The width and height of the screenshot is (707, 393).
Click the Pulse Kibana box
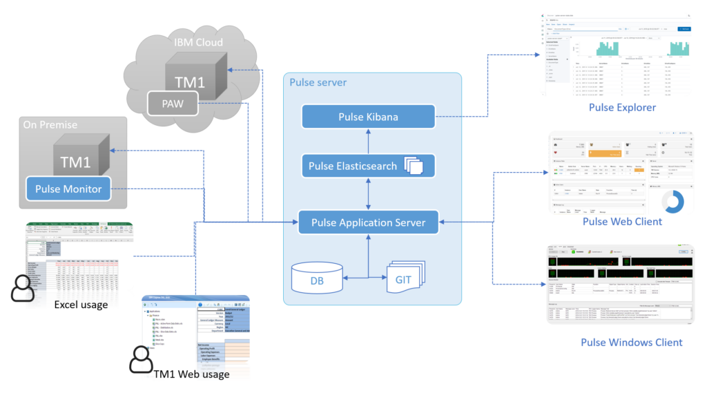coord(368,117)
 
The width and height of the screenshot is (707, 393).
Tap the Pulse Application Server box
coord(368,222)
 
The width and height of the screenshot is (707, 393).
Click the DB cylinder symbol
coord(317,278)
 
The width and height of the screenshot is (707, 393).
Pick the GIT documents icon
coord(403,279)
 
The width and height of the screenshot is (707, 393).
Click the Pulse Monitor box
coord(68,189)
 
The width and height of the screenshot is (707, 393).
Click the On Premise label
coord(50,125)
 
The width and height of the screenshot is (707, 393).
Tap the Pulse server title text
coord(318,83)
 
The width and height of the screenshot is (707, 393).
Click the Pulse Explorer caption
coord(622,108)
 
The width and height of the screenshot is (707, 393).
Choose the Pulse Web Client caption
coord(622,222)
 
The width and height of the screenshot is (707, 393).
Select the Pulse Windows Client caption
coord(631,343)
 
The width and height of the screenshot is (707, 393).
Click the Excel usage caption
coord(81,305)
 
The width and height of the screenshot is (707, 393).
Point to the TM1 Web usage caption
coord(191,374)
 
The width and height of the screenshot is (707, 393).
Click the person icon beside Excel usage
coord(23,288)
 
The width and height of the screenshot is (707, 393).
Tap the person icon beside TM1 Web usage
coord(142,359)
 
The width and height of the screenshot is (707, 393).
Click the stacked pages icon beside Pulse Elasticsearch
coord(415,166)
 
